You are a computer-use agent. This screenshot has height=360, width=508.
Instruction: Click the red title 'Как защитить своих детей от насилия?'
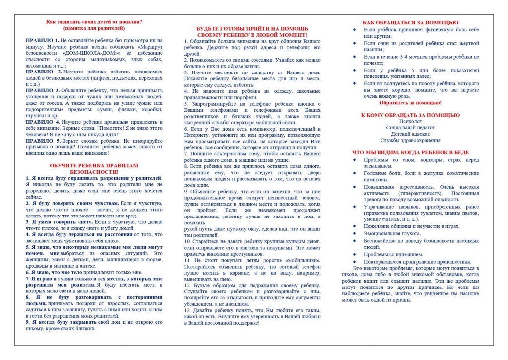[94, 22]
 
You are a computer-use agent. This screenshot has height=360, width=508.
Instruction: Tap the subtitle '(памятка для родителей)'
[94, 28]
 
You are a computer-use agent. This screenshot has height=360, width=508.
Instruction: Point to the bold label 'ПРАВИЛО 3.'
[43, 90]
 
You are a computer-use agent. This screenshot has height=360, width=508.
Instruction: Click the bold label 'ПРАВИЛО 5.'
[43, 141]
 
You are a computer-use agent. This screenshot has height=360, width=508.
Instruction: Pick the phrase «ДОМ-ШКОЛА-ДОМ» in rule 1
[93, 52]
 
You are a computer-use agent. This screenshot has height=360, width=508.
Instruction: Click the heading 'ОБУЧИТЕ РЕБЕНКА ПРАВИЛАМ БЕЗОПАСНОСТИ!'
[94, 168]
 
